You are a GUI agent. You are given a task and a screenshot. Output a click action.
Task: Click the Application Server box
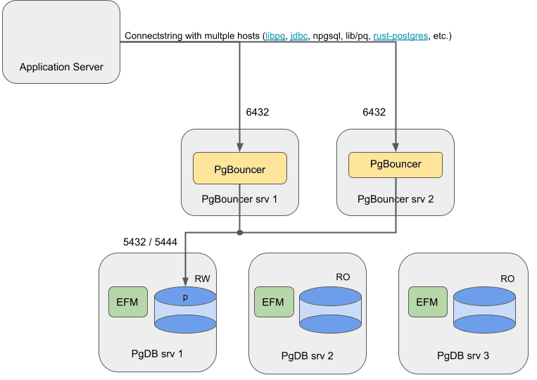61,42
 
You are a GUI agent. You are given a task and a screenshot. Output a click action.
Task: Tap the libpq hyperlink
275,35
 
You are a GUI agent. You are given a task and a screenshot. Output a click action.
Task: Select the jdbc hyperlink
300,35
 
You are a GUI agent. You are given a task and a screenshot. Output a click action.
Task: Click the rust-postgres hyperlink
400,35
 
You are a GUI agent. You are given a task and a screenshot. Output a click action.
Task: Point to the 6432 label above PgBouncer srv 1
257,112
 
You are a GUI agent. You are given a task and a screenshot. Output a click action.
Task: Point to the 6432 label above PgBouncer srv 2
374,112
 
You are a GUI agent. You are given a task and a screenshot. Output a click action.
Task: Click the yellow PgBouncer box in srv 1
239,170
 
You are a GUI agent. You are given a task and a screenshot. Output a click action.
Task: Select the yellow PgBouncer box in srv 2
396,165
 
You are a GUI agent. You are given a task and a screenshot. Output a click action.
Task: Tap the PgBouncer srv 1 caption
239,199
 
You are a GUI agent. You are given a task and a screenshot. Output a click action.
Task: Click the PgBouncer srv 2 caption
396,199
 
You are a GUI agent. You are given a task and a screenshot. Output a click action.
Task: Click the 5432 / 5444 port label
150,242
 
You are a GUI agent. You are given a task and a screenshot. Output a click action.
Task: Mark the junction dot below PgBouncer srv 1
240,232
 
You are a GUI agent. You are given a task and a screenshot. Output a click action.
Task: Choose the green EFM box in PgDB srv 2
272,302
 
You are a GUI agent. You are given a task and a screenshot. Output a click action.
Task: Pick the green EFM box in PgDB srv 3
427,302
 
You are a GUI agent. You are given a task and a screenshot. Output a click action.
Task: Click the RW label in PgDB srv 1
202,279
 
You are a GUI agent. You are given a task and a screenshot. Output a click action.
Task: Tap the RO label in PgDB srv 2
343,277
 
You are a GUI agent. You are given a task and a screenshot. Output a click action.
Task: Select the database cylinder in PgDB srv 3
484,309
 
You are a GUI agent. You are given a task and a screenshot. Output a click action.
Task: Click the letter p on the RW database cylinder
185,297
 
